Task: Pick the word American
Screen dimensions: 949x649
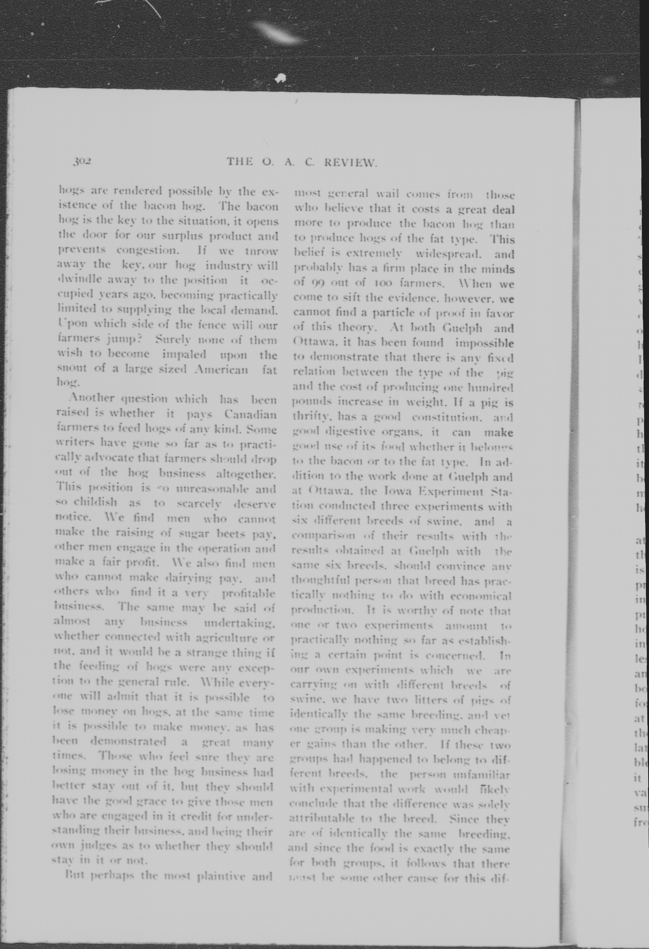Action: click(221, 370)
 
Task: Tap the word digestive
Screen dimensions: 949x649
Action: click(351, 433)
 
